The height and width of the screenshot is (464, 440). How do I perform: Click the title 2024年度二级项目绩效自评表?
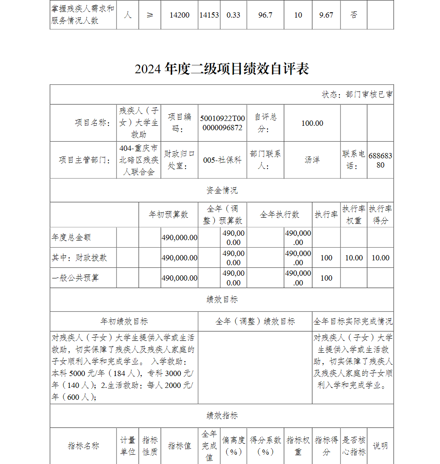coord(222,69)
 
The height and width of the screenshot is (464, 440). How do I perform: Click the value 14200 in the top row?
coord(180,15)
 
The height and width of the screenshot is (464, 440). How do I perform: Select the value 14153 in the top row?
coord(209,15)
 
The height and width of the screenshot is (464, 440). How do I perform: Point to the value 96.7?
coord(265,15)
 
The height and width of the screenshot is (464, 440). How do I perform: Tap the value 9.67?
coord(326,15)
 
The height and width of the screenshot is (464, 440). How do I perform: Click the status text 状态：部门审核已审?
coord(357,95)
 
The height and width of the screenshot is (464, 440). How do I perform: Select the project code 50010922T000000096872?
coord(222,123)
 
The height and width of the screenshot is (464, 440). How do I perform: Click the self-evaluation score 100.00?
coord(312,123)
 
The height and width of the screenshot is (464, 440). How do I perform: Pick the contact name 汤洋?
coord(312,160)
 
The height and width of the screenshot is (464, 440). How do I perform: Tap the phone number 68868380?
coord(380,160)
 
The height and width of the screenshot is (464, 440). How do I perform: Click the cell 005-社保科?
coord(222,160)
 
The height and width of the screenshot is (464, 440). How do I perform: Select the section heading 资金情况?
coord(222,190)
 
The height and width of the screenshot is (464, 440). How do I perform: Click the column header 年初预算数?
coord(169,215)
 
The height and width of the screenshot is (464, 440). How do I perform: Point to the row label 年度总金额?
coord(71,237)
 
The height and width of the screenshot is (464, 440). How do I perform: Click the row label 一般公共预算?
coord(75,278)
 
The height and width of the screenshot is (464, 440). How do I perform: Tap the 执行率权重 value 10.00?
coord(354,258)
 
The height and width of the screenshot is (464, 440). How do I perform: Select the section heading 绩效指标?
coord(222,416)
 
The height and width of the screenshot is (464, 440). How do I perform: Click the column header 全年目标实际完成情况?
coord(353,322)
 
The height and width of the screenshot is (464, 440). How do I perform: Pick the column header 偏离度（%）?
coord(234,446)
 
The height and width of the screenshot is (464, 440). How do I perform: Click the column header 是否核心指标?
coord(354,446)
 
